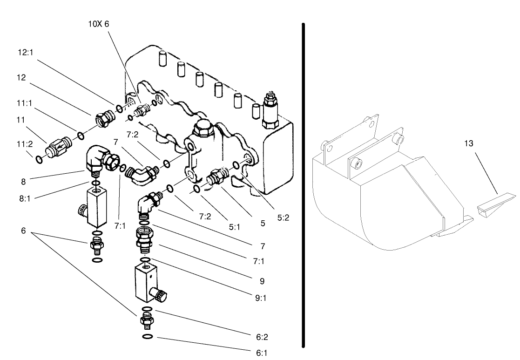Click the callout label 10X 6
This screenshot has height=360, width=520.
pos(98,24)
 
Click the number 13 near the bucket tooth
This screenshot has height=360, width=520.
pos(468,144)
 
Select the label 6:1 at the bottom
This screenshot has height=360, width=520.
pos(262,353)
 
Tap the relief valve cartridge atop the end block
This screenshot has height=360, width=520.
pos(270,108)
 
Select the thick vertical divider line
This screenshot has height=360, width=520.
pos(304,186)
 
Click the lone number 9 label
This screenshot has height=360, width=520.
pos(262,281)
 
